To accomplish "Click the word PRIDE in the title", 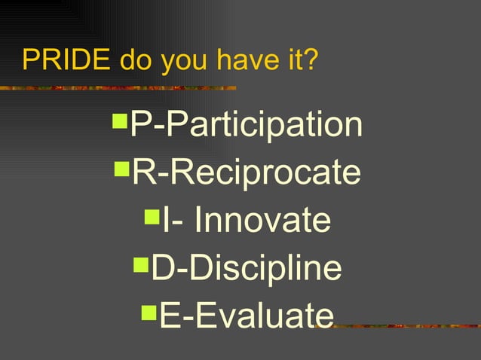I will pyautogui.click(x=67, y=60).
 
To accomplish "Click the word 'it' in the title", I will pyautogui.click(x=288, y=60).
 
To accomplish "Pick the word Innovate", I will pyautogui.click(x=262, y=221).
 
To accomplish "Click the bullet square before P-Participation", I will pyautogui.click(x=120, y=119).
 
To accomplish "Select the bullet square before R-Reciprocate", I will pyautogui.click(x=122, y=166).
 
